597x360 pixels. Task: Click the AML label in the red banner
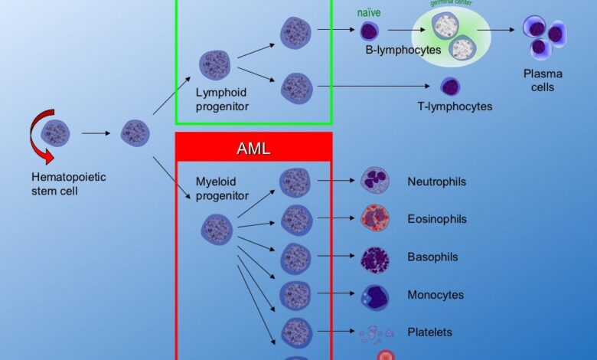tap(253, 149)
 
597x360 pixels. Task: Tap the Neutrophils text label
tap(437, 182)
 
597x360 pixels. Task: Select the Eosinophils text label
tap(437, 219)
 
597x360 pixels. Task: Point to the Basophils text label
tap(433, 257)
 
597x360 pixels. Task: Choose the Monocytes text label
tap(436, 295)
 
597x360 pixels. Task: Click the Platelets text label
tap(429, 332)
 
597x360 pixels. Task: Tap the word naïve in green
tap(370, 13)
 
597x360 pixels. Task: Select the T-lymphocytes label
tap(450, 106)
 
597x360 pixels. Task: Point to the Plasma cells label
tap(543, 80)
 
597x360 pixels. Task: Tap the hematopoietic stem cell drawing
tap(56, 133)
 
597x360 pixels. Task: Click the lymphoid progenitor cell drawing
tap(215, 66)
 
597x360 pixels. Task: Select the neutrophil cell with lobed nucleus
tap(375, 182)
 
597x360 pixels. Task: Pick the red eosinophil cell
tap(375, 219)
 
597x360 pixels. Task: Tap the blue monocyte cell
tap(375, 296)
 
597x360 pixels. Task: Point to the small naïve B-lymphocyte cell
tap(370, 31)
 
